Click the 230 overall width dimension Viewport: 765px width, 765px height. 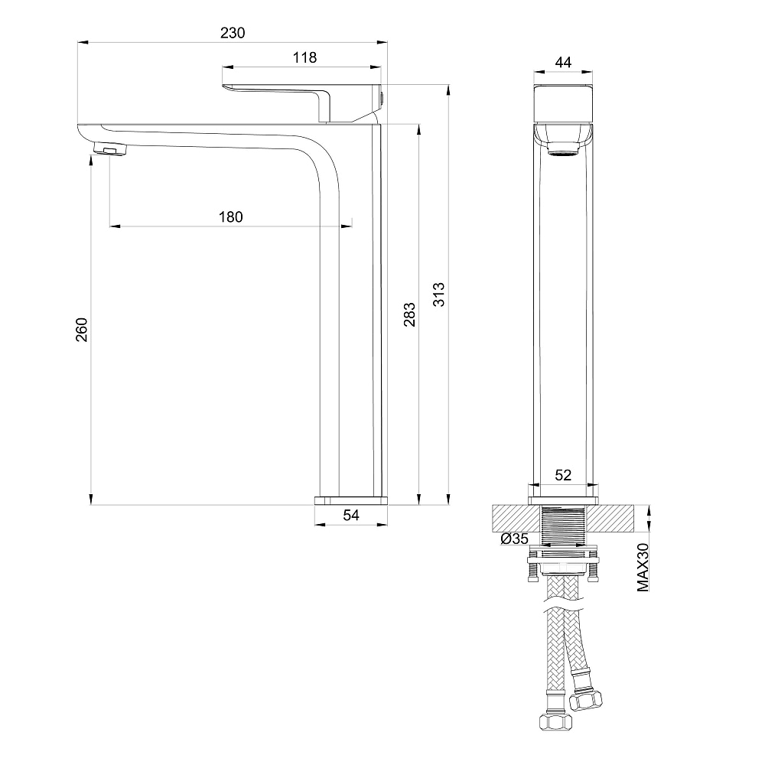tap(233, 33)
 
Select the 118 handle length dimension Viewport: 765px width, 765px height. tap(304, 57)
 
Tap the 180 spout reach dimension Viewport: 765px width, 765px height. tap(231, 217)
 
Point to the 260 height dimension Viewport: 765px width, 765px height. tap(82, 329)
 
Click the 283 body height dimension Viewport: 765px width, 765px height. tap(410, 314)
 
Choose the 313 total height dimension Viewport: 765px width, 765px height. tap(439, 295)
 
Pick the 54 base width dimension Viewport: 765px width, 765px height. tap(351, 515)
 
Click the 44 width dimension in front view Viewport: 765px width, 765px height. tap(563, 63)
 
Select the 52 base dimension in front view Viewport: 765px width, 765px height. tap(563, 475)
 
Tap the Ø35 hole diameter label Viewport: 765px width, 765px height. tap(515, 539)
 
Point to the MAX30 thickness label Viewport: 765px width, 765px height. tap(643, 568)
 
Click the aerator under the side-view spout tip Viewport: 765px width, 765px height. tap(110, 149)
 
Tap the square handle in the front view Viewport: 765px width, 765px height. tap(563, 104)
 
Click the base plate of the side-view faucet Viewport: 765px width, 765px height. tap(351, 500)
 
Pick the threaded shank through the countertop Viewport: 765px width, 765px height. tap(563, 526)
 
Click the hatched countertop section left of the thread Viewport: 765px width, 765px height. tap(516, 519)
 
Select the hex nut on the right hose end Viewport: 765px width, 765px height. tap(586, 700)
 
